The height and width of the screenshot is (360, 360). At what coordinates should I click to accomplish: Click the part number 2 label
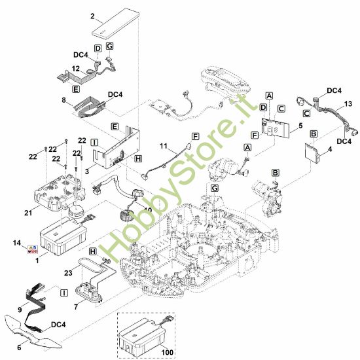point(92,16)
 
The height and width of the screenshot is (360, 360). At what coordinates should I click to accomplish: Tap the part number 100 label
point(167,352)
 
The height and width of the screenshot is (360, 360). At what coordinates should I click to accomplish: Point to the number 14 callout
point(17,243)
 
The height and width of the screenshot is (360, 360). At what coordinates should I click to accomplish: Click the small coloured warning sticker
point(33,249)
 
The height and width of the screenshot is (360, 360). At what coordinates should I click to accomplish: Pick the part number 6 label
point(19,348)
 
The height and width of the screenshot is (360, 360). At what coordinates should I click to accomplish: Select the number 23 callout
point(68,273)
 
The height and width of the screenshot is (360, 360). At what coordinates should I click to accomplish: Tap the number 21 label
point(28,213)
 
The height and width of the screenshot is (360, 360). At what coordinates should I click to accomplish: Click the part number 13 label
point(348,104)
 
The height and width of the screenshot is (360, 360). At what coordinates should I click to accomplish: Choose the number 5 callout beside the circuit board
point(300,126)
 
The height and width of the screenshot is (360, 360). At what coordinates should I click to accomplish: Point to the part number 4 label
point(330,149)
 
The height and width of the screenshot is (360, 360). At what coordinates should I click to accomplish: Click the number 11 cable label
point(163,146)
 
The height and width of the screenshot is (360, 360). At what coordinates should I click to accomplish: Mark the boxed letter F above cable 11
point(195,137)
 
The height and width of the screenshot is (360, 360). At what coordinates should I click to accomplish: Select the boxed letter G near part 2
point(110,46)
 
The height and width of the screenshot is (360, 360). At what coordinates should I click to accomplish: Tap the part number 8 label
point(64,100)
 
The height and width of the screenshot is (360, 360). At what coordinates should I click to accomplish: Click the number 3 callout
point(87,171)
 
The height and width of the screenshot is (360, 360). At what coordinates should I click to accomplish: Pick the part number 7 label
point(76,307)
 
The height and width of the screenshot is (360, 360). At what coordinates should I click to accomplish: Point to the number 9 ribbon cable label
point(20,310)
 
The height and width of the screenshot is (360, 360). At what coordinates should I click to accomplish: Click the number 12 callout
point(76,69)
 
